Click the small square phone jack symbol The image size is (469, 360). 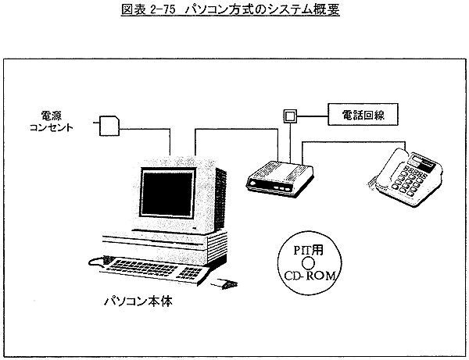point(290,116)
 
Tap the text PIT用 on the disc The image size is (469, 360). point(312,251)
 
